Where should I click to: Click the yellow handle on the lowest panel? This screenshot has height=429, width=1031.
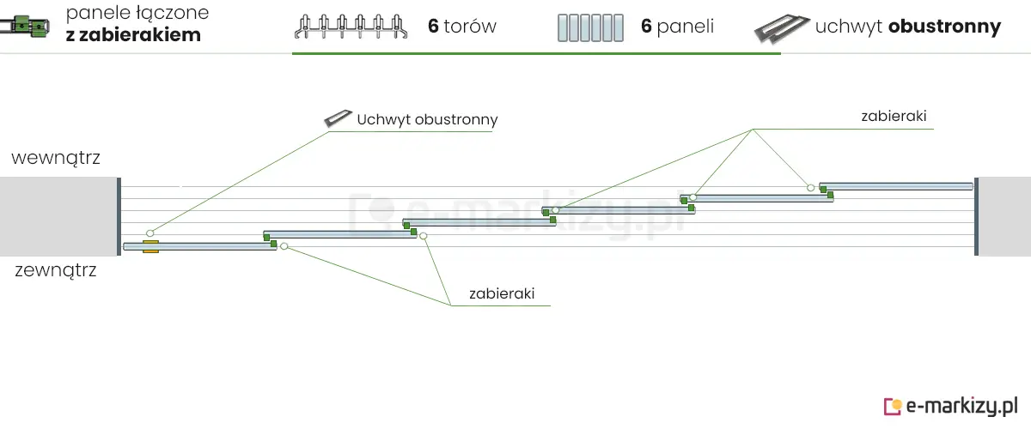coord(151,247)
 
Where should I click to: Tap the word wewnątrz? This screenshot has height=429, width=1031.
coord(56,158)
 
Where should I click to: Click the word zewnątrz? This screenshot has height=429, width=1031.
coord(56,271)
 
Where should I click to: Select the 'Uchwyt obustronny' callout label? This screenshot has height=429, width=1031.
coord(427,119)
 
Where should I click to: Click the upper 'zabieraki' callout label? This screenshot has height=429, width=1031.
coord(894,117)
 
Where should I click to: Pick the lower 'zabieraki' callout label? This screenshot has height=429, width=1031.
coord(502,293)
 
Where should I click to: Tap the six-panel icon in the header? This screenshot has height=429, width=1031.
coord(589,27)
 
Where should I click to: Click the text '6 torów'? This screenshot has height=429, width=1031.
coord(462,27)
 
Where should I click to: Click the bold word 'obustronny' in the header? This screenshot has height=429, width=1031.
coord(945,27)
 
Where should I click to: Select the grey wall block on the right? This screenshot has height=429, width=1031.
coord(1004,216)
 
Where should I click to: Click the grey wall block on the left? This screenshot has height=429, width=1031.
coord(58,216)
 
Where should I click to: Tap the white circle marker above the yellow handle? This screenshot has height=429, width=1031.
coord(149,233)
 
